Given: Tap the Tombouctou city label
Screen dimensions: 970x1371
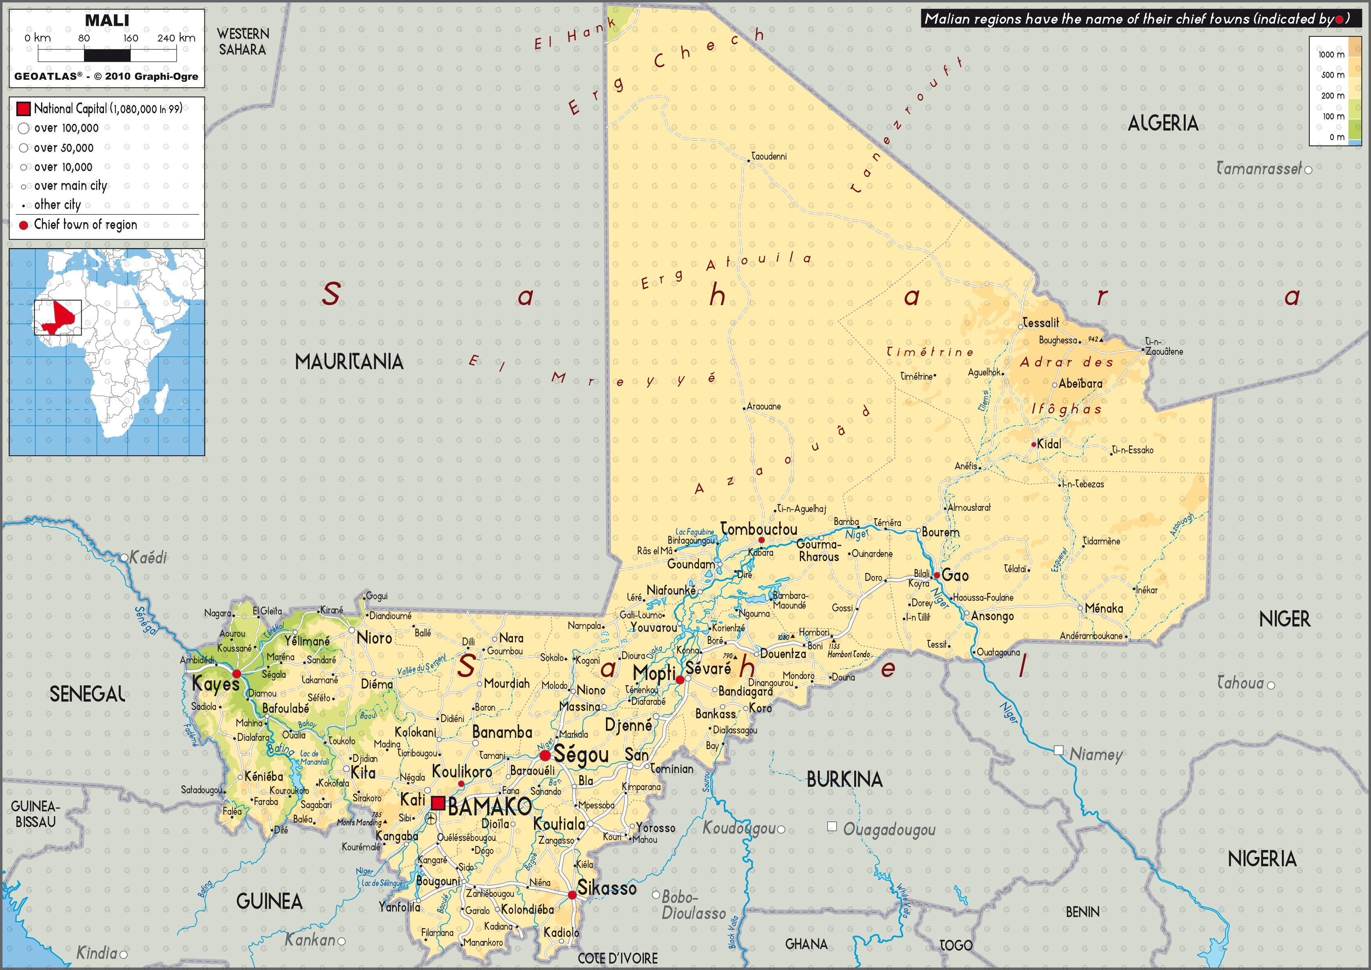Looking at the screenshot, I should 758,529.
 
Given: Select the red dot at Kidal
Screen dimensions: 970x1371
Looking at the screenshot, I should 1034,444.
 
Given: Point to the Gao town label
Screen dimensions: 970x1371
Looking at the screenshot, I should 955,576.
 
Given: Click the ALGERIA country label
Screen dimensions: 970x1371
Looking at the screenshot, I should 1163,124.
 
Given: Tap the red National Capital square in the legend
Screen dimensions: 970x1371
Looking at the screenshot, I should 23,109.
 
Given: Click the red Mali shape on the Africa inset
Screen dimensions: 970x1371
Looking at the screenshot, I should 60,316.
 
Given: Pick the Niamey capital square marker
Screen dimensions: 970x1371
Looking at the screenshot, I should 1058,750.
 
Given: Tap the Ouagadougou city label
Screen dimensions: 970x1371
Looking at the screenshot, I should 889,830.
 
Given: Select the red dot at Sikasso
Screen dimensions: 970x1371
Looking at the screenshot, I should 572,895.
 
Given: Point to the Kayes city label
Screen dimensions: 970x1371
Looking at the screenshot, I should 215,684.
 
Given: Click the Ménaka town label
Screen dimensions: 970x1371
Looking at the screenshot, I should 1104,608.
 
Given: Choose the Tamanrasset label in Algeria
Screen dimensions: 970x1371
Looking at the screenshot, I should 1259,169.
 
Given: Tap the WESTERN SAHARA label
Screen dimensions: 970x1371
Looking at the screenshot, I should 242,42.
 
